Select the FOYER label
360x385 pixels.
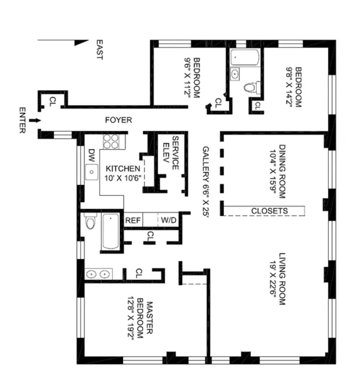click(118, 120)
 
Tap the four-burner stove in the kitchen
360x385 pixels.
click(110, 142)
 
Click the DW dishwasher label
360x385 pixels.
click(92, 154)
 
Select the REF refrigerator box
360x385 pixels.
click(133, 220)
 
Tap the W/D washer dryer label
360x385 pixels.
click(169, 220)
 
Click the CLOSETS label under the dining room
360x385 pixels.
click(269, 211)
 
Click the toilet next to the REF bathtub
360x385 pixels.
click(90, 224)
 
